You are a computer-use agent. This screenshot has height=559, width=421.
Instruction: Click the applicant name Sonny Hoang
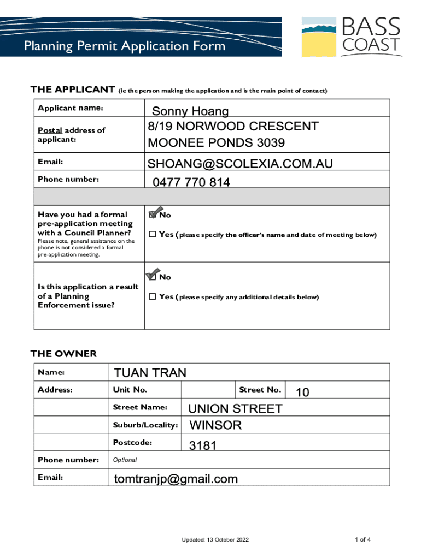pyautogui.click(x=190, y=112)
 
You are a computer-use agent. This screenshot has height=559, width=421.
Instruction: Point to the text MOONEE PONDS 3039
pyautogui.click(x=216, y=144)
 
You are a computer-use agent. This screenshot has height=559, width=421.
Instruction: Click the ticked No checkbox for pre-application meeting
pyautogui.click(x=153, y=215)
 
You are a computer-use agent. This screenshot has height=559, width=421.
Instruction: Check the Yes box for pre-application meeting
pyautogui.click(x=153, y=235)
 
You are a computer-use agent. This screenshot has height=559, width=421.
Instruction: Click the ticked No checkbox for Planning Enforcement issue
pyautogui.click(x=153, y=277)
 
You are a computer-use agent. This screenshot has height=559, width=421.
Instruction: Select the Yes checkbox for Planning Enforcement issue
pyautogui.click(x=153, y=297)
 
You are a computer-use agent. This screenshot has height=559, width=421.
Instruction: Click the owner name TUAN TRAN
pyautogui.click(x=150, y=373)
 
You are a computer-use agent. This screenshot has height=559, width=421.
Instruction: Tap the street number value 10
pyautogui.click(x=302, y=392)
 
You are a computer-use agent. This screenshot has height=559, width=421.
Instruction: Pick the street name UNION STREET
pyautogui.click(x=235, y=409)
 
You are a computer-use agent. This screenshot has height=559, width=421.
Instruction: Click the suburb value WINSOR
pyautogui.click(x=215, y=425)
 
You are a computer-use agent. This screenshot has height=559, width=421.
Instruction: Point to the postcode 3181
pyautogui.click(x=203, y=446)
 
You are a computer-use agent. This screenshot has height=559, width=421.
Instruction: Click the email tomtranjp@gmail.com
pyautogui.click(x=176, y=479)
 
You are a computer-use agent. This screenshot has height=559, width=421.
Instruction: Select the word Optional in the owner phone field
pyautogui.click(x=125, y=460)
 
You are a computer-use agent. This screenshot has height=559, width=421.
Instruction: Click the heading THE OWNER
pyautogui.click(x=63, y=354)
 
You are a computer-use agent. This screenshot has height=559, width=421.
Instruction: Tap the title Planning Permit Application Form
pyautogui.click(x=125, y=46)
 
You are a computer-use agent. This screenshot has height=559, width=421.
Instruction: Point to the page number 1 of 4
pyautogui.click(x=362, y=540)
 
